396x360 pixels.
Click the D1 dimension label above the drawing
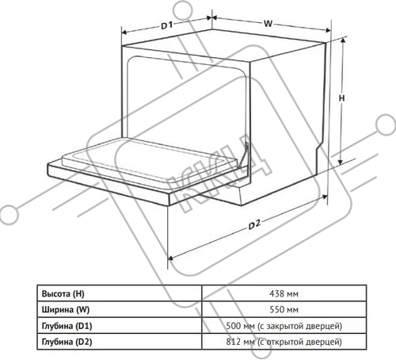(166, 25)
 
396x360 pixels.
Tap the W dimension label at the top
(268, 24)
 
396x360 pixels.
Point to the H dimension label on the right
(341, 98)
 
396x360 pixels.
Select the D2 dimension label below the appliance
(254, 225)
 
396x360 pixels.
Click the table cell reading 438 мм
(284, 293)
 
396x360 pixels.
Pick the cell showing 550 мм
(284, 309)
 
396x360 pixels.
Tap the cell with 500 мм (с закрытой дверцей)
(284, 326)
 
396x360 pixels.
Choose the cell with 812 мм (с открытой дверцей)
(284, 342)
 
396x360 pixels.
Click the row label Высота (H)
(63, 294)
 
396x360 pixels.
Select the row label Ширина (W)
(66, 310)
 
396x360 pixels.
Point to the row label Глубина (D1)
(67, 326)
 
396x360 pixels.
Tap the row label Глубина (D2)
(67, 342)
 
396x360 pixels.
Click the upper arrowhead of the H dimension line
(343, 40)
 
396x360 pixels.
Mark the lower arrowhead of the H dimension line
(341, 162)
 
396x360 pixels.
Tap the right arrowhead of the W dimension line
(328, 30)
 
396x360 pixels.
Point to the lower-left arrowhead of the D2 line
(171, 258)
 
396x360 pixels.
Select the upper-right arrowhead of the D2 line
(324, 197)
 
